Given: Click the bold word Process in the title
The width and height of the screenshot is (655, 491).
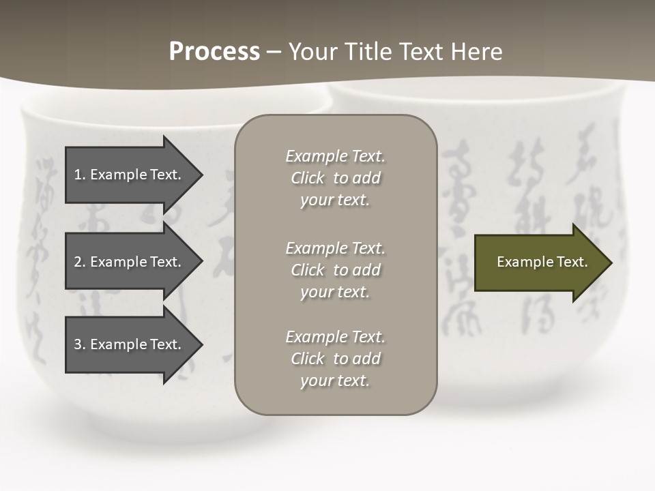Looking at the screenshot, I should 214,52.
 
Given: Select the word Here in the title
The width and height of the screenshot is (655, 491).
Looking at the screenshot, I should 476,52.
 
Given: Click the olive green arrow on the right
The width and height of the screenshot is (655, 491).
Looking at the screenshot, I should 539,262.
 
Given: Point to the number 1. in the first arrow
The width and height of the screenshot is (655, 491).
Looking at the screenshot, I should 79,175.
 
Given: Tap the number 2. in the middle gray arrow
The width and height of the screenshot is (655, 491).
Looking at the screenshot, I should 79,262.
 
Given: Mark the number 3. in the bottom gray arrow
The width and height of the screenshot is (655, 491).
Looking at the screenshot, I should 79,344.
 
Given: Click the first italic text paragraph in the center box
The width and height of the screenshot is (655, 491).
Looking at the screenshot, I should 335,178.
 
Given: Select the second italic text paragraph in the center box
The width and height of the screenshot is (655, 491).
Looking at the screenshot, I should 335,269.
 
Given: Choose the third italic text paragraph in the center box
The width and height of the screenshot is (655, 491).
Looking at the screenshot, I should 335,359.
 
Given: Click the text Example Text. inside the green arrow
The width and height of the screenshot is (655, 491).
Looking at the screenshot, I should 542,262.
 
